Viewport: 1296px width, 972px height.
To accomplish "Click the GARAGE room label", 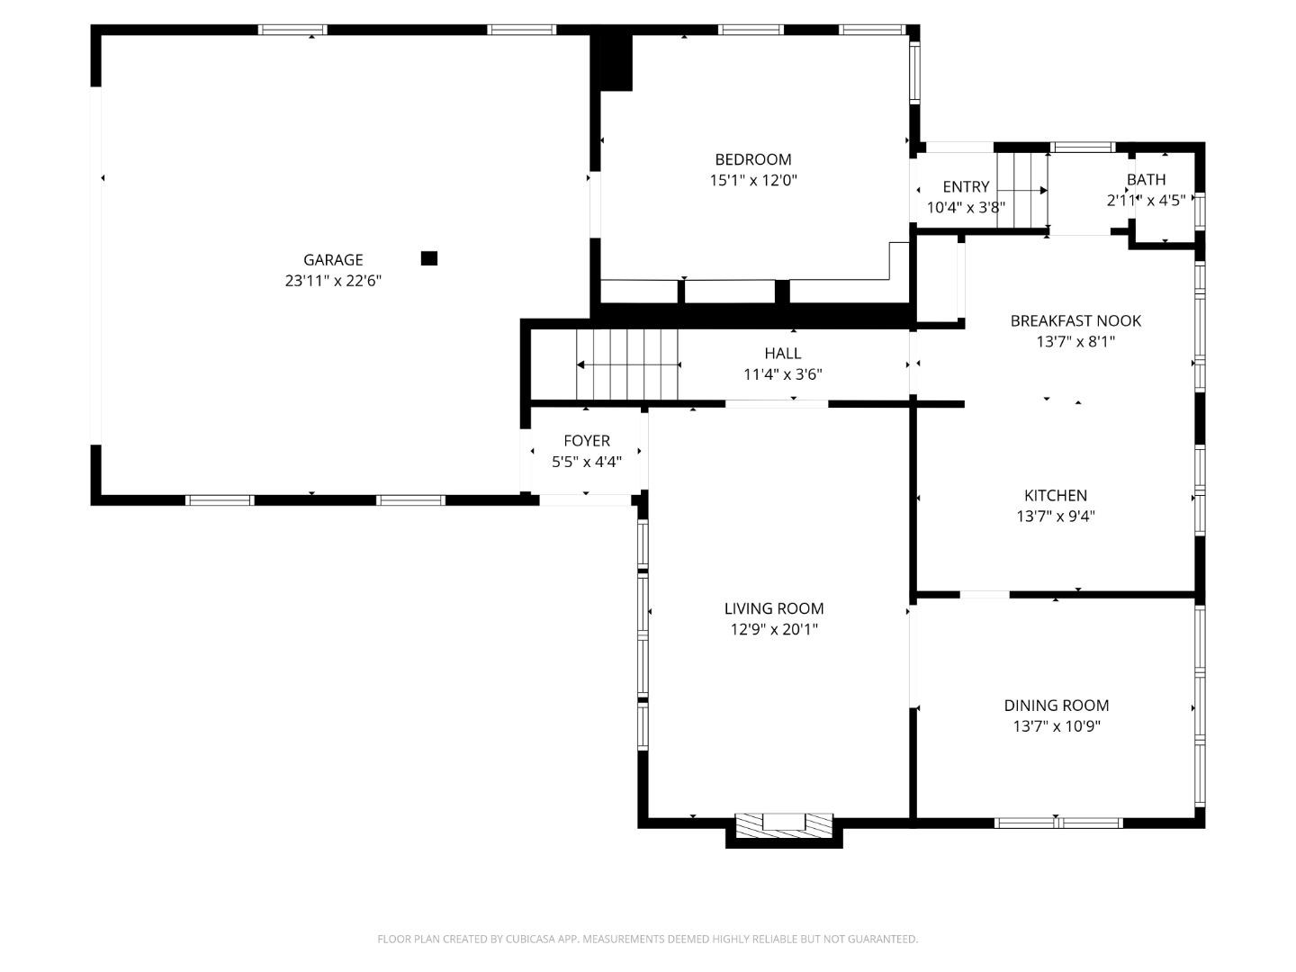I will click(x=333, y=260).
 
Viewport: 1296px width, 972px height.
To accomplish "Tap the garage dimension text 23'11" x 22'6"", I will click(x=333, y=281).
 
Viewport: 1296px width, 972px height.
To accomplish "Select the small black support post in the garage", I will click(x=429, y=258).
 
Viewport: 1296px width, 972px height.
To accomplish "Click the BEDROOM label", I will click(x=753, y=159).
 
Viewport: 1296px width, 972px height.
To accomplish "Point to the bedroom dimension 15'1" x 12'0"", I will click(x=753, y=180).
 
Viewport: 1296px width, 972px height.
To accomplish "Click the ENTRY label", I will click(x=966, y=186).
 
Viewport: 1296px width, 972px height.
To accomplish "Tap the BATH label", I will click(x=1146, y=179).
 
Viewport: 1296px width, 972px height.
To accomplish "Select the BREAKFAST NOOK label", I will click(x=1075, y=320).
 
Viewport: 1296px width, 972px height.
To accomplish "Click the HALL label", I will click(x=782, y=354).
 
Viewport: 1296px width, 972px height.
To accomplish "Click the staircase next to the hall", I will click(x=627, y=364).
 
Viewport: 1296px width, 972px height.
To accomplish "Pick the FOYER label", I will click(x=587, y=441).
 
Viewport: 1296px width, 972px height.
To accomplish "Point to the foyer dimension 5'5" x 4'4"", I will click(x=587, y=462).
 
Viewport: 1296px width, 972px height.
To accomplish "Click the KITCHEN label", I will click(x=1056, y=495).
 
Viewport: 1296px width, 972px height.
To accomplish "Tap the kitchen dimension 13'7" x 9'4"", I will click(x=1056, y=517).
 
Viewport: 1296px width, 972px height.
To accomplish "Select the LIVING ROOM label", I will click(x=774, y=608).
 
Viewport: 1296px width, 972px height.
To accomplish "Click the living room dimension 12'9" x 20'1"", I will click(x=774, y=630).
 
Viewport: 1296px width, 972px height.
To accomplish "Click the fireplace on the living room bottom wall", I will click(x=784, y=825).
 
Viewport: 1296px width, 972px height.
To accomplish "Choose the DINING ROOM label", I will click(x=1057, y=706).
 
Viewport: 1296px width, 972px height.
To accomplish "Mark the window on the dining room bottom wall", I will click(x=1058, y=823).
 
